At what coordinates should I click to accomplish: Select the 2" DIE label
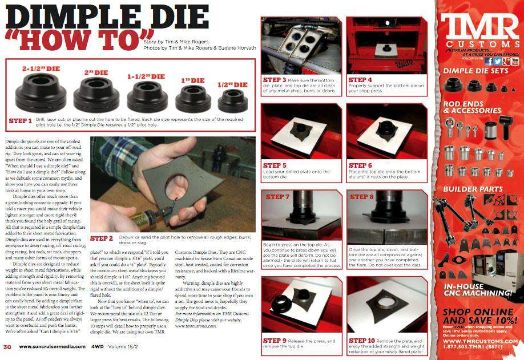96,73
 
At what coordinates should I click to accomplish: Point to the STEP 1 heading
21,121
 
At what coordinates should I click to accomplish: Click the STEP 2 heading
102,237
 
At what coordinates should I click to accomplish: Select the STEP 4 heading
360,80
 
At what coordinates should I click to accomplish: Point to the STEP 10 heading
362,340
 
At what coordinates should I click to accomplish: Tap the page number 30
7,346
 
